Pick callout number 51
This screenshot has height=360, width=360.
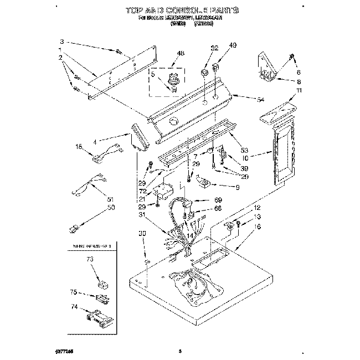coord(110,199)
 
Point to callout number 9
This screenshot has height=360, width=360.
coord(237,188)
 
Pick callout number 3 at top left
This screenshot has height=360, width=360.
coord(62,42)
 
